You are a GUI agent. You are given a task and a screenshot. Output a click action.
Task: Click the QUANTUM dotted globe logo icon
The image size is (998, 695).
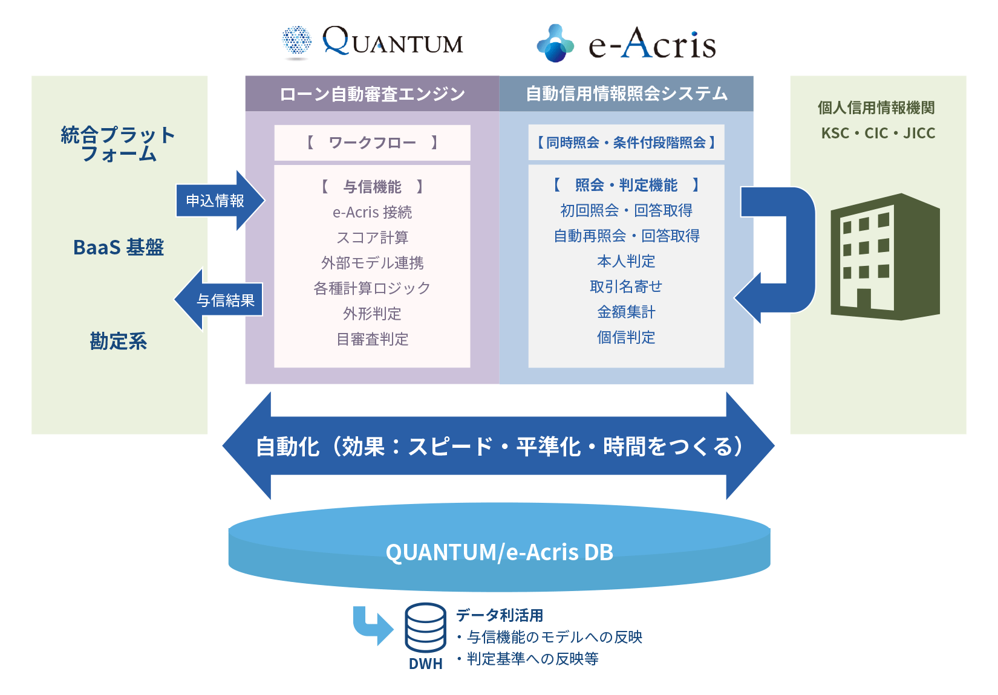click(297, 42)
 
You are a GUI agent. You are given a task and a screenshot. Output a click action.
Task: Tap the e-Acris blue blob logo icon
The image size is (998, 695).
click(555, 43)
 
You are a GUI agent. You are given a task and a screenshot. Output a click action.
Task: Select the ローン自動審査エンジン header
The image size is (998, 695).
click(372, 94)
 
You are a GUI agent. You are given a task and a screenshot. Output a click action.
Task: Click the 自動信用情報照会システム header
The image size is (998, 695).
click(627, 94)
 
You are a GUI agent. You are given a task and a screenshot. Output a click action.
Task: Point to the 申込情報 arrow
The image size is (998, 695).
click(220, 201)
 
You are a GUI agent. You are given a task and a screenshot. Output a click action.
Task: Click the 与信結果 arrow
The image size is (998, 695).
click(218, 300)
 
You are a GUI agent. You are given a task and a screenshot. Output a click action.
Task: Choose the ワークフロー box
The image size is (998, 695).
click(372, 143)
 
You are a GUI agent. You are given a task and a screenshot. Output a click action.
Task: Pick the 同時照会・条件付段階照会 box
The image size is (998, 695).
click(627, 143)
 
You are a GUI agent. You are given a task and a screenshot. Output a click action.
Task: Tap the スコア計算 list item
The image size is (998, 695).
click(372, 238)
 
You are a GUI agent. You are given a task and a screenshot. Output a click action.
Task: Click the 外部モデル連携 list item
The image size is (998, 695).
click(372, 263)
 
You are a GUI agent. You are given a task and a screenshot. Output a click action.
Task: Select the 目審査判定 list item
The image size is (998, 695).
click(372, 339)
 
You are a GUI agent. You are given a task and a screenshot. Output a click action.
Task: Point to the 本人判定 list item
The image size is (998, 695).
click(627, 261)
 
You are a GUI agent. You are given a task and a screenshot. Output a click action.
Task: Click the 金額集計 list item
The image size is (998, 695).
click(627, 312)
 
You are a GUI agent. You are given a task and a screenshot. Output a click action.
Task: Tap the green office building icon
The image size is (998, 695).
click(885, 257)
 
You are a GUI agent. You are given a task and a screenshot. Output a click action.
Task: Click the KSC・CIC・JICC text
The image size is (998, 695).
click(878, 133)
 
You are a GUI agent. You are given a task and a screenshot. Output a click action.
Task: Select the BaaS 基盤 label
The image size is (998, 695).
click(119, 247)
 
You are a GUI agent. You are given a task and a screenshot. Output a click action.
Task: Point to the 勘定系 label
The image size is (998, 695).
click(119, 341)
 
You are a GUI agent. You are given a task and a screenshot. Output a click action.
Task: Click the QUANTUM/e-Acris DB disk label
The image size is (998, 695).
click(500, 552)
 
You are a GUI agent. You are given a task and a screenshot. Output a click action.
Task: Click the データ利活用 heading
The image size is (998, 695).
click(500, 615)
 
